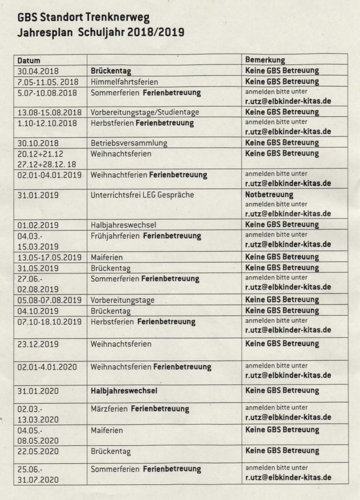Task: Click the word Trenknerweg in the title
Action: click(118, 19)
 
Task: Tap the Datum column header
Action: click(29, 61)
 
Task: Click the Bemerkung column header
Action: click(265, 60)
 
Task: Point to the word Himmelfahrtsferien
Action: click(124, 82)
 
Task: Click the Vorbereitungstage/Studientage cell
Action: click(145, 112)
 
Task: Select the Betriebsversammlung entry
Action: click(129, 143)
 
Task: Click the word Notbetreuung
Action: click(269, 195)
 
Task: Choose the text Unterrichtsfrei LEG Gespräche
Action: click(142, 195)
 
